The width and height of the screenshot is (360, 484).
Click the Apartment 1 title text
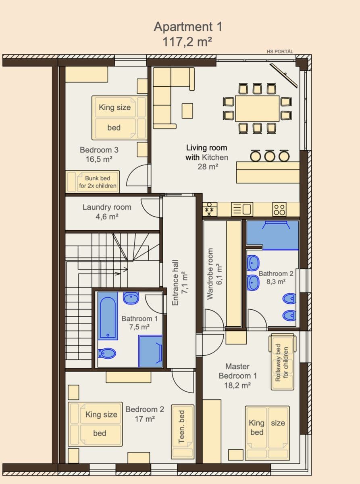(187, 27)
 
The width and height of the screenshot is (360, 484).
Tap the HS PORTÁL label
(280, 51)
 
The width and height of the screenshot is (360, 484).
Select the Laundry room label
(107, 207)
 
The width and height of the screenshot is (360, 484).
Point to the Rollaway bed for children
(282, 363)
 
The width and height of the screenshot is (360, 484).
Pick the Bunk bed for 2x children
(93, 182)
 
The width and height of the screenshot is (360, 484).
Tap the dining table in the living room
(257, 108)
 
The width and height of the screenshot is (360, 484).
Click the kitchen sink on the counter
(242, 209)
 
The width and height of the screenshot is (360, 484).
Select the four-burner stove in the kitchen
(279, 209)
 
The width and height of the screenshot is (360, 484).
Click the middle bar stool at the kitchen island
(270, 156)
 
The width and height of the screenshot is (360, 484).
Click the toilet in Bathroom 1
(107, 353)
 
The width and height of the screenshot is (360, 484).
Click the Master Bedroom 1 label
(237, 371)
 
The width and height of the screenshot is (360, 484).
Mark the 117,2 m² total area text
(187, 42)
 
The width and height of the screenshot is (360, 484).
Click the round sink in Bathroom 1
(131, 298)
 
